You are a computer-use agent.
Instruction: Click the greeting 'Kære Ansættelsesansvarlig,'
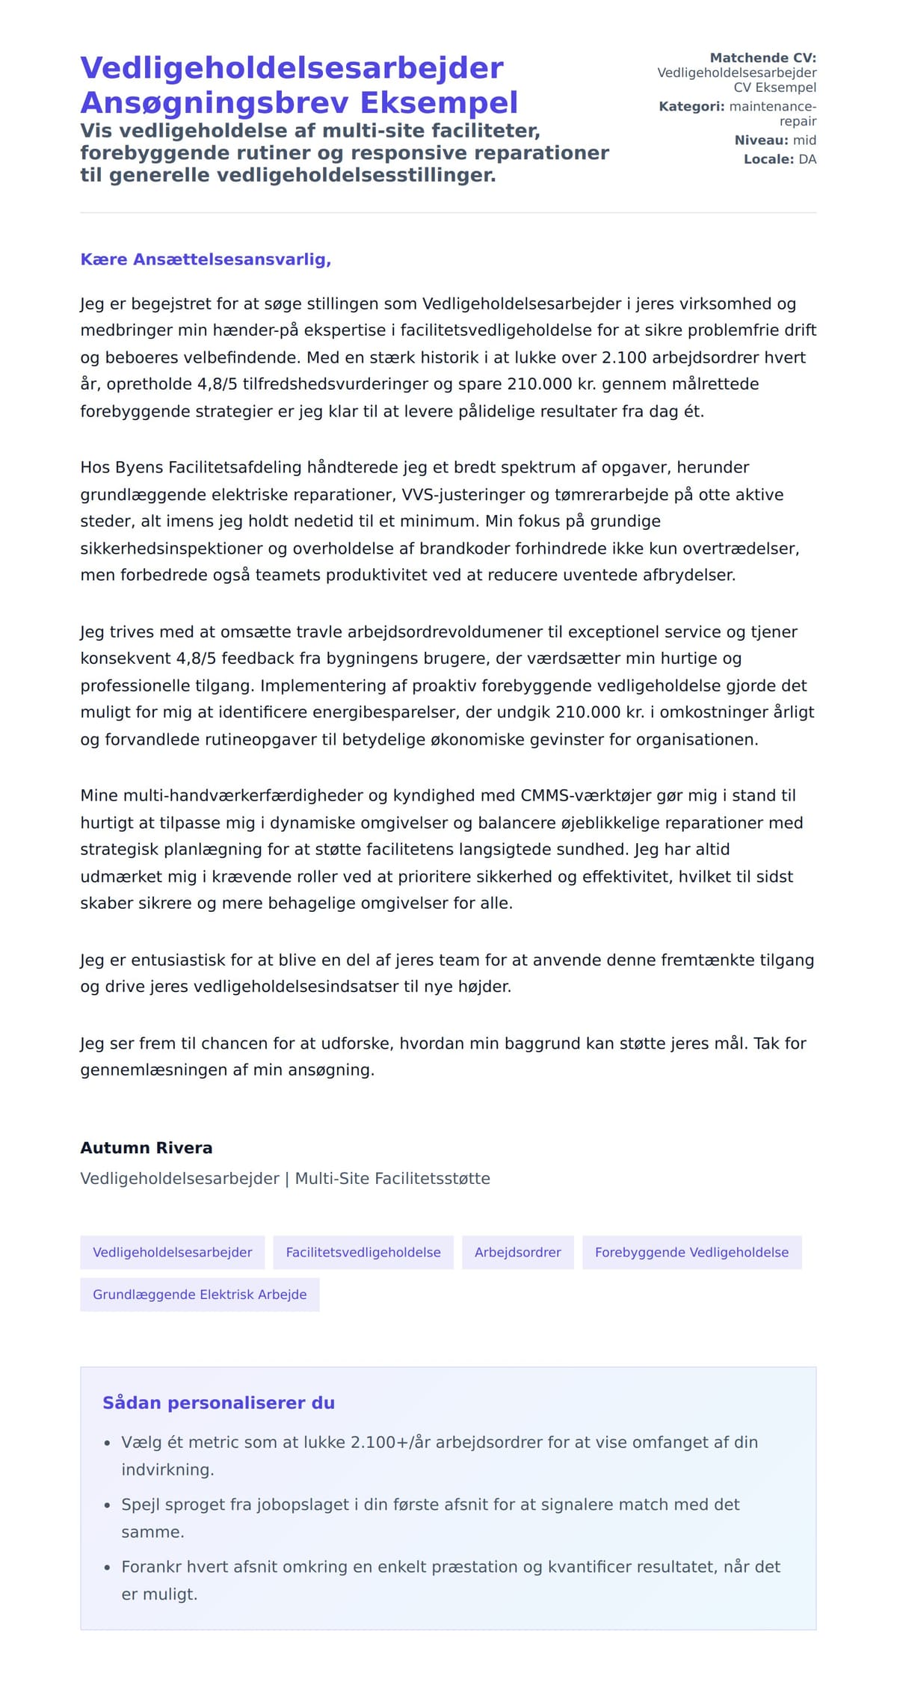tap(206, 259)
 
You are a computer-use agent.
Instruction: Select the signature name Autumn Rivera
tap(147, 1147)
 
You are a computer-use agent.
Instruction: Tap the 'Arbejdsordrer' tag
tap(517, 1252)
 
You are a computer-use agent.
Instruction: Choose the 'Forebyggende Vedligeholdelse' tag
tap(691, 1252)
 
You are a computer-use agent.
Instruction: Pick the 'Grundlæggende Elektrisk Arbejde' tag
tap(200, 1294)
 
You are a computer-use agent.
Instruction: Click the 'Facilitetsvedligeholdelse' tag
tap(363, 1252)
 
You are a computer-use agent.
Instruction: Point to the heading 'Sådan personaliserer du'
tap(218, 1402)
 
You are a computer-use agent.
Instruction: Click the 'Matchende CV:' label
tap(762, 58)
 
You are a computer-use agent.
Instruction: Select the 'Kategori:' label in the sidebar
tap(691, 106)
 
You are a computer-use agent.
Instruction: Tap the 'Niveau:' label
tap(761, 140)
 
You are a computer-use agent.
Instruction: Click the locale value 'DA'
tap(807, 159)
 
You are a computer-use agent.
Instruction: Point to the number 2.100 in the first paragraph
tap(625, 357)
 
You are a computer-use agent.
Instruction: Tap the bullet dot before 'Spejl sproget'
tap(107, 1505)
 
